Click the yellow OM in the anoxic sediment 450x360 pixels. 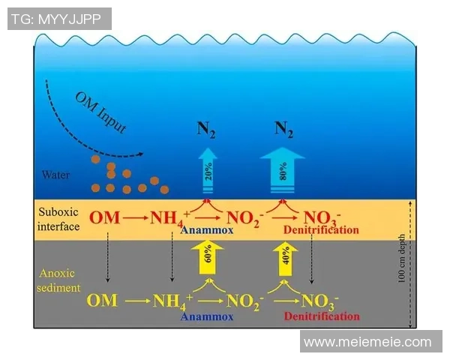click(x=102, y=301)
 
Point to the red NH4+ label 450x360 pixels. click(x=170, y=219)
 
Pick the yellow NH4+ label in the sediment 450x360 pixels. click(x=173, y=301)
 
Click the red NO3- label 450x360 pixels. click(x=323, y=219)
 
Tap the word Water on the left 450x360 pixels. click(x=55, y=175)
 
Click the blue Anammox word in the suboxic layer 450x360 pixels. click(x=206, y=231)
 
